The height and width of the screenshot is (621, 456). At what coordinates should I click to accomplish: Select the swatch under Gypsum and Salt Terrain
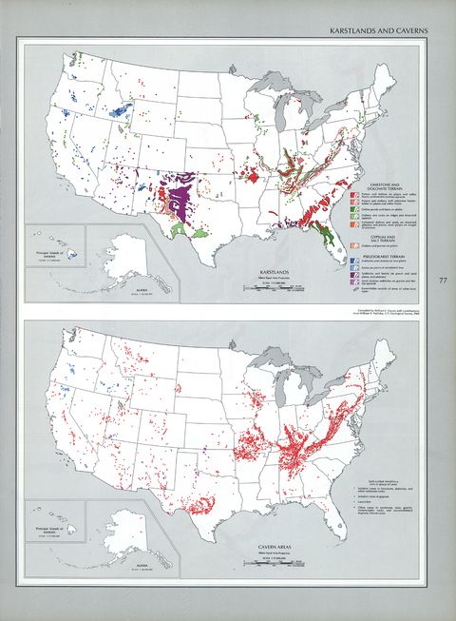353,246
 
